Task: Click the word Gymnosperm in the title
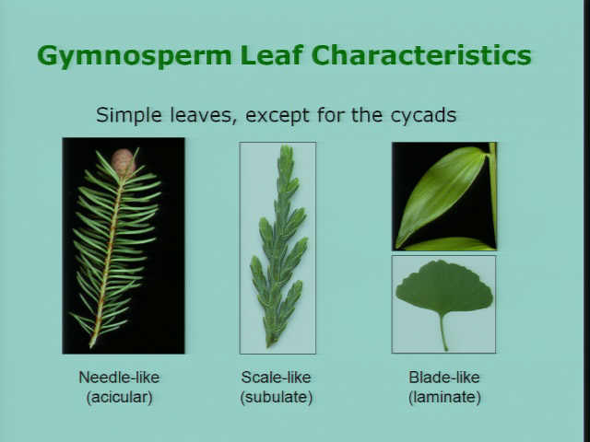click(x=134, y=56)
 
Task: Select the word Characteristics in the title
click(x=421, y=55)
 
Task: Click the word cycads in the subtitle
click(x=423, y=115)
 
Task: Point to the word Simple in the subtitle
click(x=129, y=115)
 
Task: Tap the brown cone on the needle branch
click(x=123, y=162)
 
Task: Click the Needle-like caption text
click(x=119, y=377)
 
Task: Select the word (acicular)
click(x=120, y=397)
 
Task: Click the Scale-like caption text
click(x=277, y=377)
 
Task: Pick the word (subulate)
click(x=277, y=397)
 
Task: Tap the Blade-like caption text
click(x=444, y=377)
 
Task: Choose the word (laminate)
click(x=444, y=397)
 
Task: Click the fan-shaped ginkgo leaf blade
click(x=444, y=287)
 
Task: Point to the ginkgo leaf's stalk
click(x=443, y=332)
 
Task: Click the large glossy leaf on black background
click(x=441, y=195)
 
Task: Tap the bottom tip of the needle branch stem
click(x=91, y=346)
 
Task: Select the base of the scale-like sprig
click(x=269, y=344)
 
